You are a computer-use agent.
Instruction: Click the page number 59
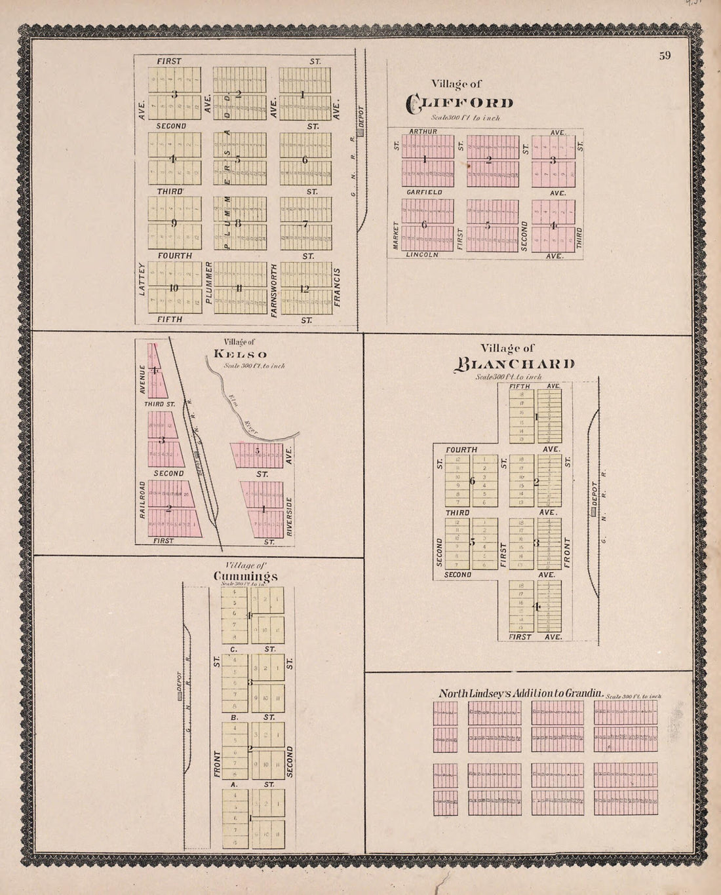[665, 56]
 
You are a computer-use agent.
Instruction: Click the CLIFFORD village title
[459, 102]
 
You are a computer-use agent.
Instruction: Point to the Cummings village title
[246, 576]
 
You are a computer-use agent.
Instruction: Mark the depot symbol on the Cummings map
[178, 696]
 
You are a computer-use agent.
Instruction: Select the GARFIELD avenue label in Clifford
[425, 193]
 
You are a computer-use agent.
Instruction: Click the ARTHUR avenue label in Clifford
[423, 132]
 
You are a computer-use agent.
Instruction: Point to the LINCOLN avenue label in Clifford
[421, 255]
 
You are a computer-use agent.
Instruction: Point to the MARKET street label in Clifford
[396, 235]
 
